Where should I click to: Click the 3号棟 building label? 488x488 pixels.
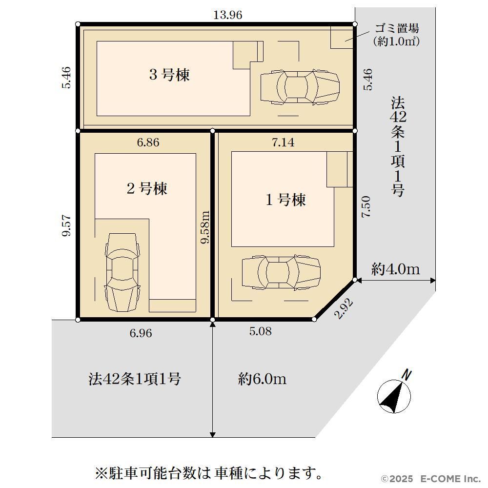[169, 75]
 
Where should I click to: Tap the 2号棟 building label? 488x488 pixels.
[147, 188]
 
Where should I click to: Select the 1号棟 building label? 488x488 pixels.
[285, 200]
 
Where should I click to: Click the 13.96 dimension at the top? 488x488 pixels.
[228, 15]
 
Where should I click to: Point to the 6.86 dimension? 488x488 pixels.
[148, 142]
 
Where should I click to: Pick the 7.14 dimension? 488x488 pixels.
[283, 142]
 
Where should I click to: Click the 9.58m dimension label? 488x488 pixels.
[205, 227]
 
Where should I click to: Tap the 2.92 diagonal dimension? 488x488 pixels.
[344, 308]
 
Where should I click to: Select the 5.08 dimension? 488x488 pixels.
[260, 331]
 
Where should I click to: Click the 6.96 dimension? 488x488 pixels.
[141, 333]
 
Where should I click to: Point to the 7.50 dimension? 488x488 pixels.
[366, 206]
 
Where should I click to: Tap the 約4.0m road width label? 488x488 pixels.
[396, 269]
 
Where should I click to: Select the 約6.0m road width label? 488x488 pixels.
[262, 379]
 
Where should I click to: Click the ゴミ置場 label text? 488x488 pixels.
[396, 29]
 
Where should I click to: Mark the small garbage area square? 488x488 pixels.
[342, 37]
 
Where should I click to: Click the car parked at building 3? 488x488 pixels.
[300, 87]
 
